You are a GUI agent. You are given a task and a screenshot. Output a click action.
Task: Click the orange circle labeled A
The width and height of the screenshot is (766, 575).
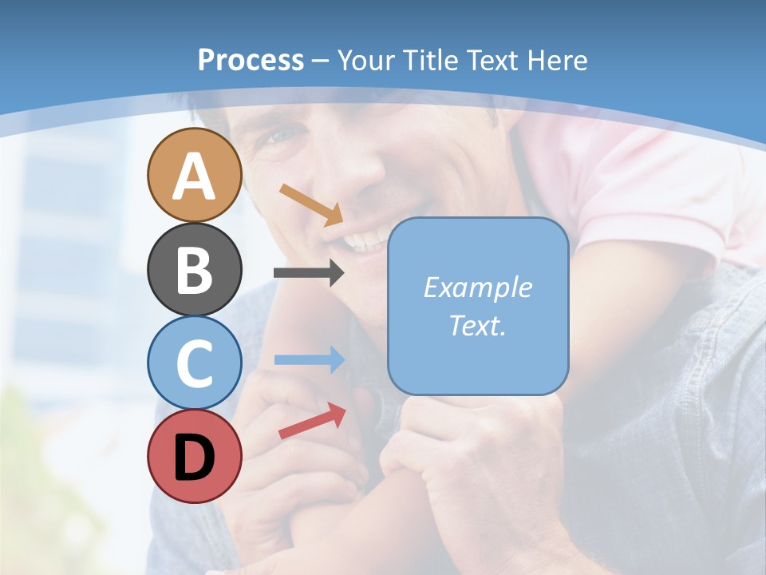click(195, 175)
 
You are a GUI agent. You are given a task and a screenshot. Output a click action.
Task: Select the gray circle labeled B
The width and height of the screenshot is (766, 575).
click(195, 269)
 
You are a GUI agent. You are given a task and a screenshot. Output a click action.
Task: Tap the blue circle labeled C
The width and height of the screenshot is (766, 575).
click(195, 363)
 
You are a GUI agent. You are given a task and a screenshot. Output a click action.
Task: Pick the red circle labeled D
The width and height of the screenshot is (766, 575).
click(195, 456)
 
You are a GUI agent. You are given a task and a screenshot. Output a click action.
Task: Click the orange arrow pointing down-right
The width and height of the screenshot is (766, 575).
click(311, 204)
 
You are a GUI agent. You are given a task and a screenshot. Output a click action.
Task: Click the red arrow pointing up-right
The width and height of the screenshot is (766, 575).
click(312, 422)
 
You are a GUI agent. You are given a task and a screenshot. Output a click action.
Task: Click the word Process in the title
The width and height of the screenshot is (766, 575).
click(251, 60)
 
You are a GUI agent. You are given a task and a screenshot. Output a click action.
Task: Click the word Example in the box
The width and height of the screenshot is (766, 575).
click(477, 287)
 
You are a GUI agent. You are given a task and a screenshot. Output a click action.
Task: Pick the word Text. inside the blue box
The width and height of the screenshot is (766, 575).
click(477, 325)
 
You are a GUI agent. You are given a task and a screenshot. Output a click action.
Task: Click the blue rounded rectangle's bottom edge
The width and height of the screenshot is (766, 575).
click(477, 394)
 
